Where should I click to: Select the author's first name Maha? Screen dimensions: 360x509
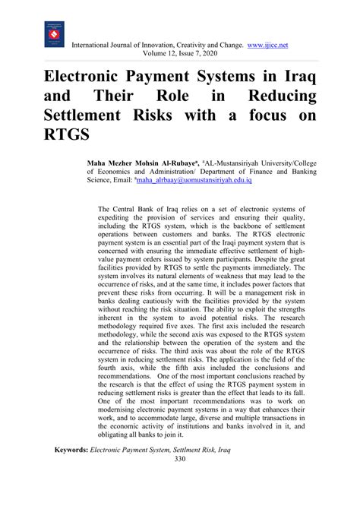pyautogui.click(x=102, y=163)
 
